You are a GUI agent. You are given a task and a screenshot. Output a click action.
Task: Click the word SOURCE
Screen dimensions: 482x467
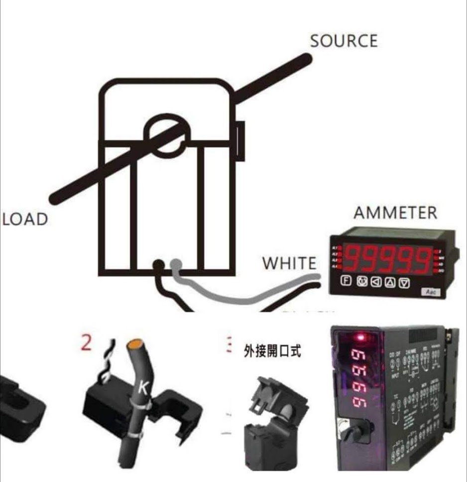point(344,41)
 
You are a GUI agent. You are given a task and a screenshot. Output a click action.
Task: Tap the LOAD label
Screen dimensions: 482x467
point(25,219)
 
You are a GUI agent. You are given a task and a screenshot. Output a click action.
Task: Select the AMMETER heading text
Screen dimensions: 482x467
point(395,213)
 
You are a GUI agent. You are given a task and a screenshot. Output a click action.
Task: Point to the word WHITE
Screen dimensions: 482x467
point(289,263)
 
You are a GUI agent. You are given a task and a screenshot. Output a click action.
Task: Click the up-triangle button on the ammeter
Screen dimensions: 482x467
point(390,283)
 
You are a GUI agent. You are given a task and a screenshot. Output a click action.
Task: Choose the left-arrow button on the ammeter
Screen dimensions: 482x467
point(375,283)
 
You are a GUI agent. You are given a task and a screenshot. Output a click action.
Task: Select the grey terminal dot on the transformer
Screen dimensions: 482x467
point(175,264)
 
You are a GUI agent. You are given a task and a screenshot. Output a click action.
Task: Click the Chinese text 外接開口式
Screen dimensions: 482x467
point(272,352)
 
